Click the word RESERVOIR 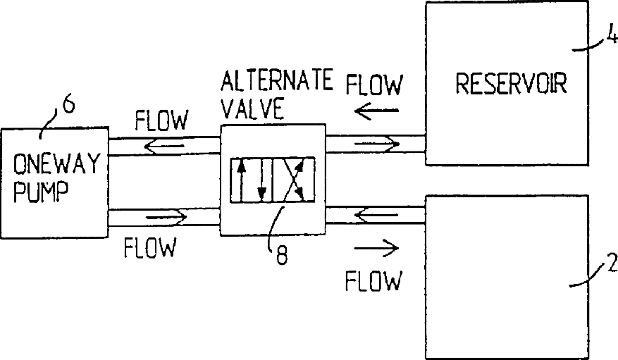coord(512,84)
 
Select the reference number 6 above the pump coord(68,106)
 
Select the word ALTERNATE coord(276,82)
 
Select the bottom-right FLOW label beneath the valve coord(373,281)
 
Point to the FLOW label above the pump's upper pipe coord(161,121)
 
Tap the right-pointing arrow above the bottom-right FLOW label coord(376,248)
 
